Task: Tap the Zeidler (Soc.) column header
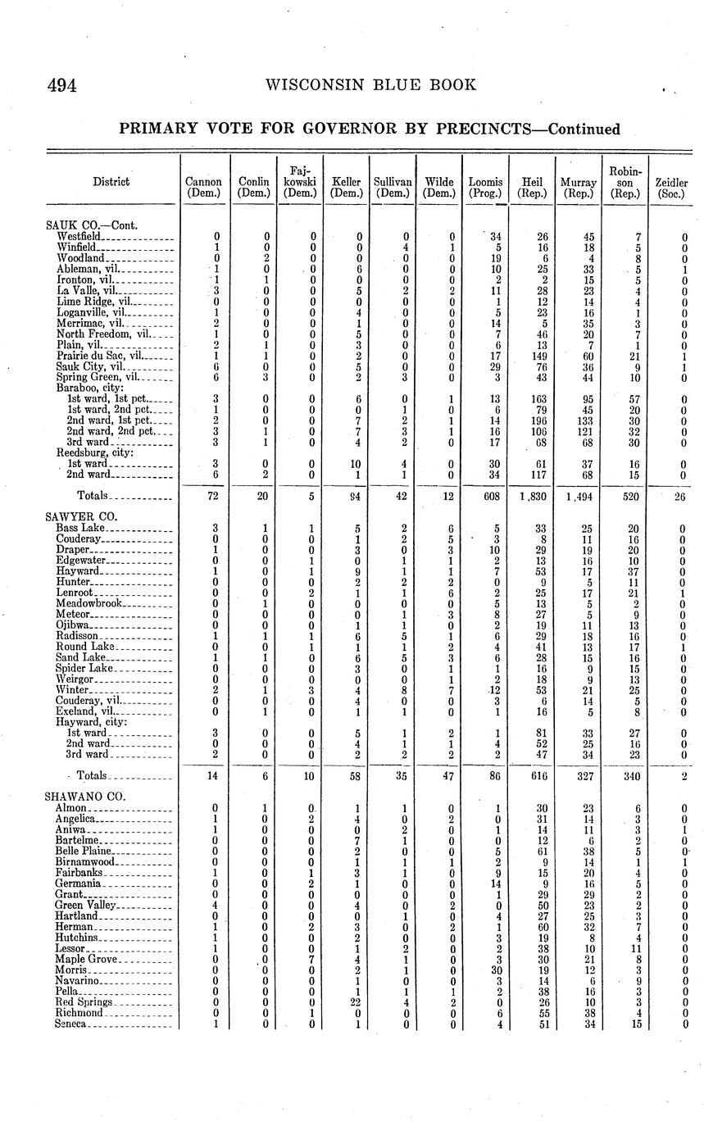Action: click(x=671, y=188)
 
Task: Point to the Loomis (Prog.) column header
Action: click(x=485, y=188)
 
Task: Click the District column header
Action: click(x=111, y=182)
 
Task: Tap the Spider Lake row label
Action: click(x=84, y=669)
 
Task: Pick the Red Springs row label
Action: click(x=81, y=1002)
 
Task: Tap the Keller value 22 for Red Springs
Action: click(x=357, y=1002)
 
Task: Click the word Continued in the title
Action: click(x=584, y=129)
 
